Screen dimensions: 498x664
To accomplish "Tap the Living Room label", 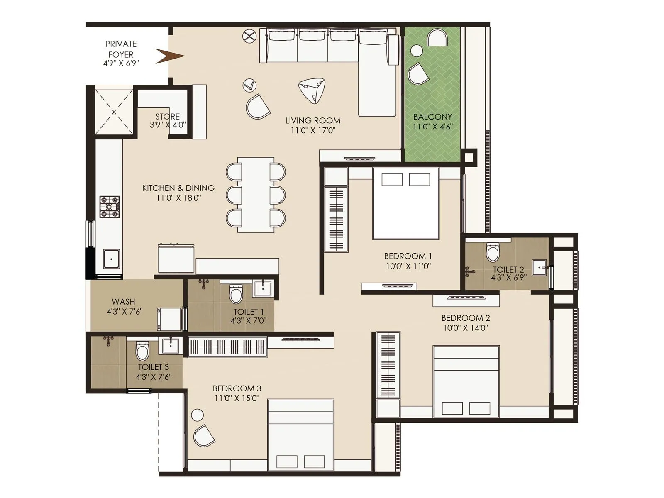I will [x=312, y=121].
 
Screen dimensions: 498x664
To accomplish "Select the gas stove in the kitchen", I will [x=109, y=206].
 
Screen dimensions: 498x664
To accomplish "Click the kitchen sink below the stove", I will [x=111, y=259].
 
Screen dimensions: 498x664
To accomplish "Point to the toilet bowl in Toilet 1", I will [x=236, y=294].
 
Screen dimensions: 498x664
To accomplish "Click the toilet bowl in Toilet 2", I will [x=493, y=252].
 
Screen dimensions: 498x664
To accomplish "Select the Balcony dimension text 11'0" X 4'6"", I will [x=432, y=127].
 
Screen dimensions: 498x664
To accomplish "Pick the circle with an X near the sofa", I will [x=249, y=36].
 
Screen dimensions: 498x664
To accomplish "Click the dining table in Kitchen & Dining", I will [x=256, y=194].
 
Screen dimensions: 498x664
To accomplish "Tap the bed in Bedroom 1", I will [x=406, y=203].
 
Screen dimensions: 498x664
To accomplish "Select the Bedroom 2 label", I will [x=465, y=318].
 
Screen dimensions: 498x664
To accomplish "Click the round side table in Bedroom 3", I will [x=197, y=415].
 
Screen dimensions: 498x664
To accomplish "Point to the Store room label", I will [x=168, y=117].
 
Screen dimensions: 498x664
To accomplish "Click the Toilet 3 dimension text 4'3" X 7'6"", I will [x=153, y=377].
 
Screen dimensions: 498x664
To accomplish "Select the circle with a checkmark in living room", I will [x=249, y=85].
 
